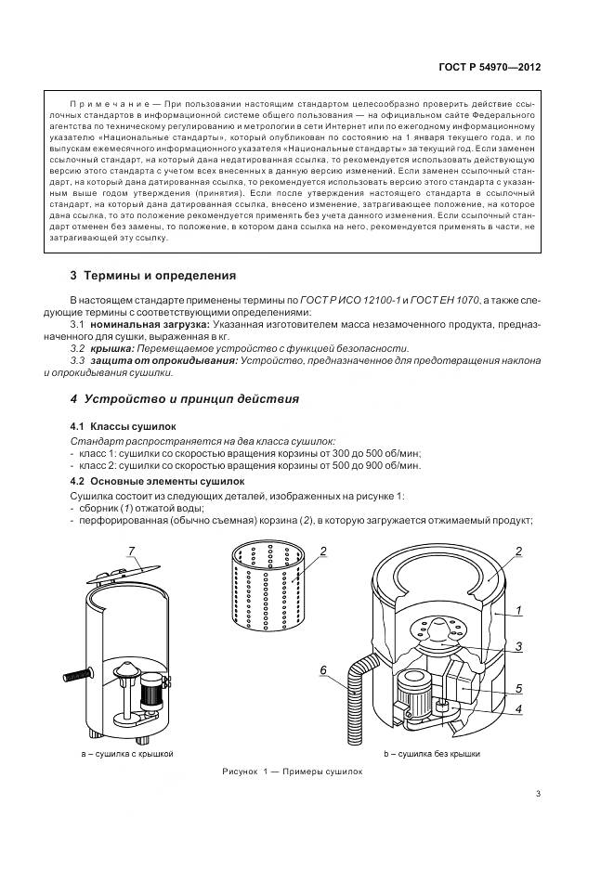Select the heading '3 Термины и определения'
tap(153, 276)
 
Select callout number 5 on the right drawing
tap(519, 688)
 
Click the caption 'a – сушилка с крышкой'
tap(126, 755)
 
